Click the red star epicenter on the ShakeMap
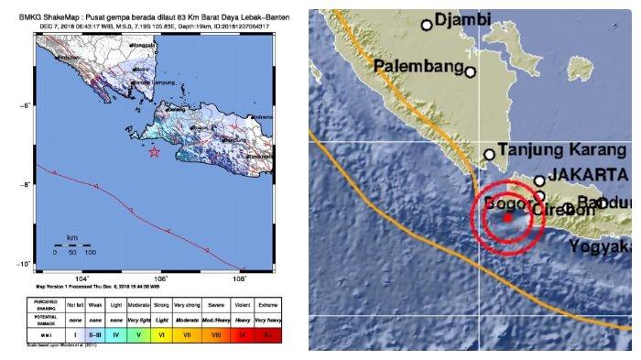click(x=156, y=152)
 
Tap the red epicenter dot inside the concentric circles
click(x=507, y=218)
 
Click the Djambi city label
click(x=462, y=19)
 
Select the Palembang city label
click(x=418, y=66)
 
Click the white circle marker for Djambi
click(x=427, y=25)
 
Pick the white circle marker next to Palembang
click(x=471, y=71)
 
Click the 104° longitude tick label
click(x=81, y=278)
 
